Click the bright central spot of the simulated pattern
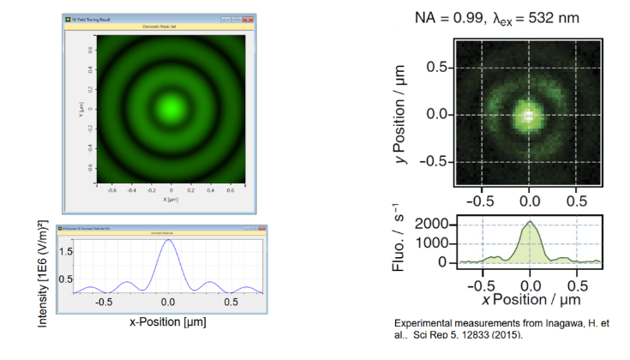tap(171, 108)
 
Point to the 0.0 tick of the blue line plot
tap(169, 303)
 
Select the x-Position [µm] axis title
tap(168, 322)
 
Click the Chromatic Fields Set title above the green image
tap(171, 27)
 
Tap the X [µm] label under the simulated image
tap(171, 198)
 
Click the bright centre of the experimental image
tap(530, 114)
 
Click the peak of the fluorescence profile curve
tap(531, 222)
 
